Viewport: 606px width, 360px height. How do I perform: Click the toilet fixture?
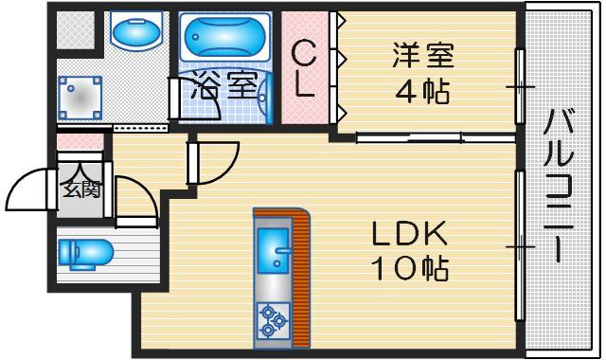coord(85,253)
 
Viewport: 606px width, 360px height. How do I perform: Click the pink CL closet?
coord(304,68)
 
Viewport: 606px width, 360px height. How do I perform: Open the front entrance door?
coord(28,189)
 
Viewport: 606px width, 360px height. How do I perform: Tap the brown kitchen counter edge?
coord(302,275)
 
